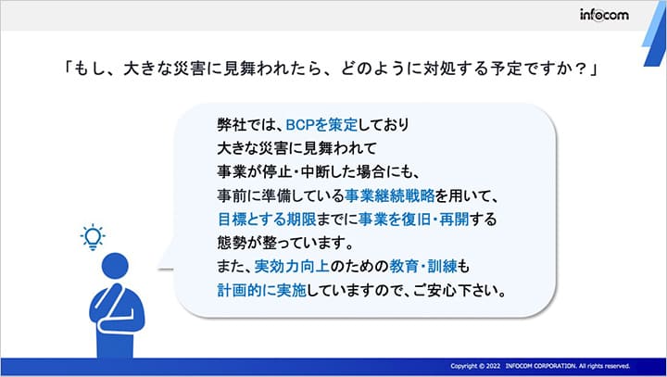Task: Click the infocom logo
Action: [606, 14]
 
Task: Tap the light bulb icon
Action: [93, 237]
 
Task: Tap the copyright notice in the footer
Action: [540, 366]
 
